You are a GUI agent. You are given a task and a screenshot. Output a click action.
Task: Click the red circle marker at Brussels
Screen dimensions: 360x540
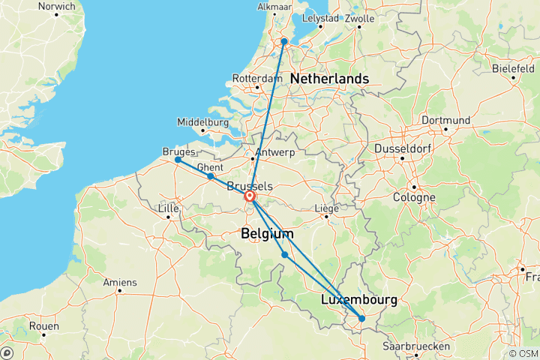[x=249, y=197]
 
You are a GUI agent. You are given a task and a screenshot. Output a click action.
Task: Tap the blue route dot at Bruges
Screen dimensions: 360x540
[x=178, y=160]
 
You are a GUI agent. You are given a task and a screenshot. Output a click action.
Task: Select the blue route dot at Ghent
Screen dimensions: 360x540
[x=210, y=176]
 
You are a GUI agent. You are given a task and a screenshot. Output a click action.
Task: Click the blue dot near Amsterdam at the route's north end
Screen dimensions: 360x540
[x=284, y=41]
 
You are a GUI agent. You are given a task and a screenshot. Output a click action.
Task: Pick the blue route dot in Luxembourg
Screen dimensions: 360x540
[x=361, y=319]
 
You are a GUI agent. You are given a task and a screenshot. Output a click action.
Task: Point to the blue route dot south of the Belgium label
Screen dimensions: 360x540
[x=285, y=255]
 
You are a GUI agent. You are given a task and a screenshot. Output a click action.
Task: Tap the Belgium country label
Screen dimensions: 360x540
[x=267, y=235]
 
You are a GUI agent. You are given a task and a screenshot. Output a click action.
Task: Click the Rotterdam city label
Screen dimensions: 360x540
[x=256, y=78]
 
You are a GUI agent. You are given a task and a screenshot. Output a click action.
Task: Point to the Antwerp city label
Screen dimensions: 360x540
[x=274, y=152]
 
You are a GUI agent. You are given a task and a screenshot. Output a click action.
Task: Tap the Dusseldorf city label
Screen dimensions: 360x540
[x=406, y=148]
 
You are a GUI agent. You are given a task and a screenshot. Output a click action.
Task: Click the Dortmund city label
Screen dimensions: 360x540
[x=445, y=120]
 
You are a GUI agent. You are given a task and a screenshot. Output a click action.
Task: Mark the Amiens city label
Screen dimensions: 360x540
[x=120, y=282]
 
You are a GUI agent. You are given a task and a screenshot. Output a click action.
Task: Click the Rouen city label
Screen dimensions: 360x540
[x=44, y=326]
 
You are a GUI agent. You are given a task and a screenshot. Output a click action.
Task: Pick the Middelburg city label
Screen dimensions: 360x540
[x=202, y=122]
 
